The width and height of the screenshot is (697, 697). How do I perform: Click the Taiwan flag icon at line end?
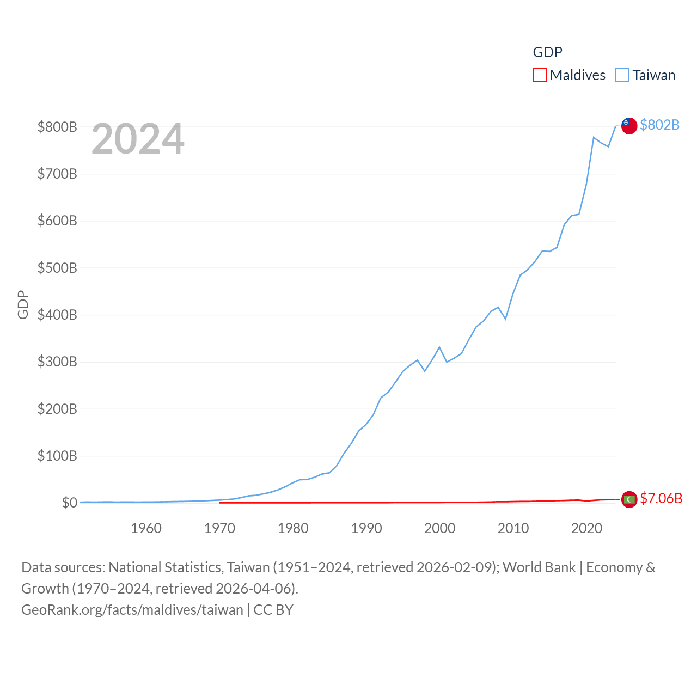click(x=629, y=125)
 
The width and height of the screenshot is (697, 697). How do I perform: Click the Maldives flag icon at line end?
click(x=629, y=499)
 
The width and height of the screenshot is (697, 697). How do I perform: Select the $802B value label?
click(x=659, y=125)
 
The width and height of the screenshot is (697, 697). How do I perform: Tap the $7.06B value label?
click(x=661, y=498)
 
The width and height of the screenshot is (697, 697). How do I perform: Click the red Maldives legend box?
click(x=540, y=75)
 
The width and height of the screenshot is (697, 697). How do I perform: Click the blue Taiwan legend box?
click(x=622, y=75)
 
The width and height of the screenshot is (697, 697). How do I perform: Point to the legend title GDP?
click(x=547, y=52)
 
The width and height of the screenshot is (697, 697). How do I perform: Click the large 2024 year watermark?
click(x=138, y=139)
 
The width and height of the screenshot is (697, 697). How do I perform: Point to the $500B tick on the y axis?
click(x=57, y=268)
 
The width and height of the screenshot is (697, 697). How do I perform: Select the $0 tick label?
click(x=69, y=503)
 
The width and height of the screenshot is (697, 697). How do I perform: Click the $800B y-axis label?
click(x=57, y=127)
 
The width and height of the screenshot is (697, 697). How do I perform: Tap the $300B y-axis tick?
click(x=57, y=362)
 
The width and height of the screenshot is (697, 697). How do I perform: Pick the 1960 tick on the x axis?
click(x=146, y=528)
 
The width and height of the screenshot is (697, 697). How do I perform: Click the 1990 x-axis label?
click(x=366, y=528)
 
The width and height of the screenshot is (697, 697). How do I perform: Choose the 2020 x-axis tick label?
click(x=586, y=528)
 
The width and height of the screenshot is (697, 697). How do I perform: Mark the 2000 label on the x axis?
click(x=440, y=528)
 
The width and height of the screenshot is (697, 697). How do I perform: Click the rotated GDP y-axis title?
click(x=23, y=305)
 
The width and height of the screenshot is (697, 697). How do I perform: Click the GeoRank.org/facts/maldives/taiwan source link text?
click(x=132, y=609)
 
